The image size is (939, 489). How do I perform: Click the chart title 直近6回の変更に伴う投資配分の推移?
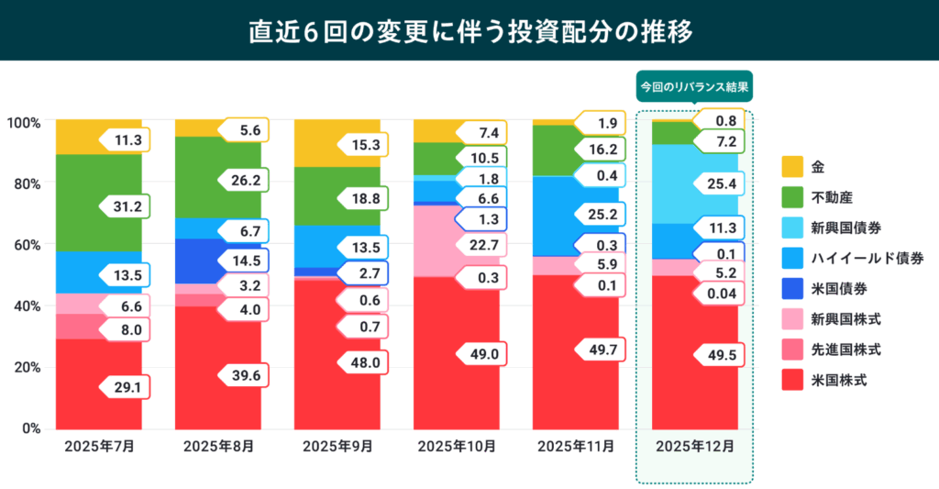click(469, 30)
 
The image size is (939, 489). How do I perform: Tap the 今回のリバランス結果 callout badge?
click(694, 88)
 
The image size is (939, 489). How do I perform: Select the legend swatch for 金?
click(790, 167)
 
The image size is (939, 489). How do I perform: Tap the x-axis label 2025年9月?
click(337, 447)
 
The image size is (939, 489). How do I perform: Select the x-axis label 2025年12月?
click(694, 447)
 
